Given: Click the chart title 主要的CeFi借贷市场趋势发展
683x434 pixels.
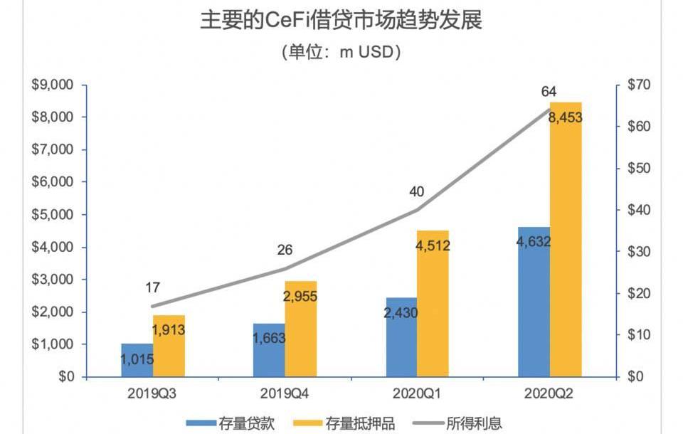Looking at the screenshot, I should coord(341,21).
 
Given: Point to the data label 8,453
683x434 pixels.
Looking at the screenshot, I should coord(566,117).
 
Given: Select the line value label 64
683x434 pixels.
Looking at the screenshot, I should coord(549,91).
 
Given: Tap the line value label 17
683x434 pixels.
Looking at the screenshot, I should coord(152,288).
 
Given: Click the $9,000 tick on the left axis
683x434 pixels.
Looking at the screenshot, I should coord(53,85).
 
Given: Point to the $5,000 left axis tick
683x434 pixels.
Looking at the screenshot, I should coord(53,214).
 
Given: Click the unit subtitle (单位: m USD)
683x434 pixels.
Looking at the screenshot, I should coord(341,52).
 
